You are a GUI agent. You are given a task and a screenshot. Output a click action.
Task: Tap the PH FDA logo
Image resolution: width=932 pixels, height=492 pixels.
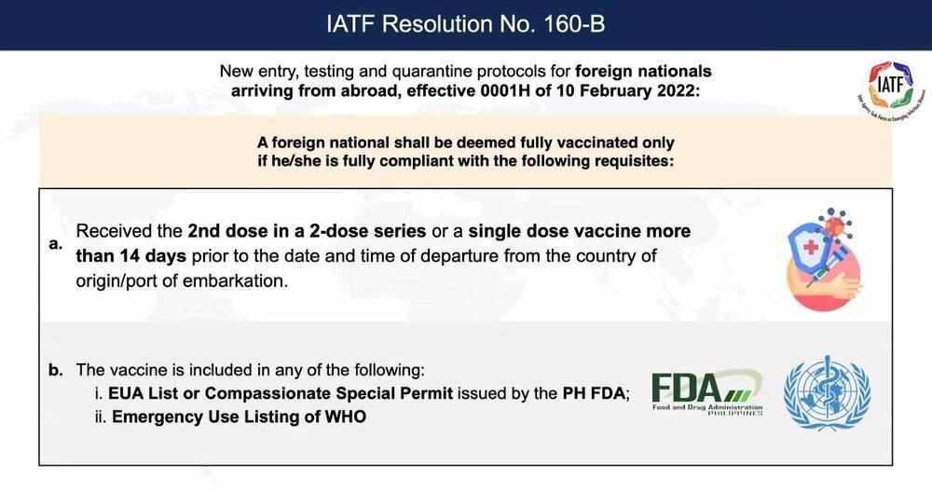click(x=707, y=393)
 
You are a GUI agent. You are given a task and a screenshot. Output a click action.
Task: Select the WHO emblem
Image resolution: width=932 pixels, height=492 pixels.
click(x=827, y=393)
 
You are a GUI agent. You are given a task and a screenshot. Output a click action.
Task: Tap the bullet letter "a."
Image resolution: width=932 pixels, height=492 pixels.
click(x=56, y=243)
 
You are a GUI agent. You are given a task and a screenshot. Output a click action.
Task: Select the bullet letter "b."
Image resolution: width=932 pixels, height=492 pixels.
click(x=56, y=370)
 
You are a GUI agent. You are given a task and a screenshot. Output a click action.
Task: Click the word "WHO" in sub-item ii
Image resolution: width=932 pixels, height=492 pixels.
click(x=346, y=417)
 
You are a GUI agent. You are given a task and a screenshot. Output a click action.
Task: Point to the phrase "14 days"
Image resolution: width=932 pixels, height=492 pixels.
click(x=152, y=256)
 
